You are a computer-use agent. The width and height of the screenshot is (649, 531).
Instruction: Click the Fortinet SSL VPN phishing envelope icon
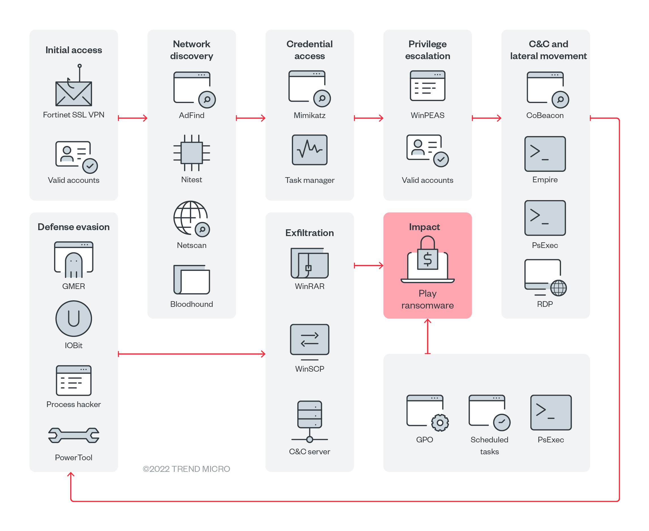73,92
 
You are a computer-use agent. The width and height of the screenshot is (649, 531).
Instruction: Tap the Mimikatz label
309,115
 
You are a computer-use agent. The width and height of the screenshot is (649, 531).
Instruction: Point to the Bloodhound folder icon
191,279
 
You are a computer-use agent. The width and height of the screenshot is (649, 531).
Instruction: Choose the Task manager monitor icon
309,150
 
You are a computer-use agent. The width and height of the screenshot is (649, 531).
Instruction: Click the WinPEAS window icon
427,86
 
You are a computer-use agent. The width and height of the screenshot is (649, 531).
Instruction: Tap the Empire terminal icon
545,154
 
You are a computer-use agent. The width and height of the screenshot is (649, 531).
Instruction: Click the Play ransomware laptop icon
427,260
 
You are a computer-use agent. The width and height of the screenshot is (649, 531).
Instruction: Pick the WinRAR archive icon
309,263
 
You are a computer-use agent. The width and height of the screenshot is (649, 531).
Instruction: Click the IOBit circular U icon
73,318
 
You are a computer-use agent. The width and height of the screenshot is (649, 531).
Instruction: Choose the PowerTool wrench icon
73,435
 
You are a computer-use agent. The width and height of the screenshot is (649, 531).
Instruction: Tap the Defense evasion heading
73,227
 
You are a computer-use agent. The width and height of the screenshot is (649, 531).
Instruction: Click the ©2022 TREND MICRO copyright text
186,469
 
